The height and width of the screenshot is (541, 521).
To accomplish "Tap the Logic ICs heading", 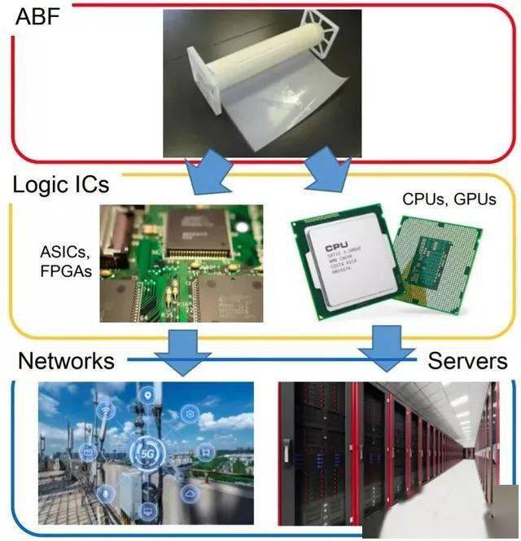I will [61, 184].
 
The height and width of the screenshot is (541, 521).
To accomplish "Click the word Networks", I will [66, 360].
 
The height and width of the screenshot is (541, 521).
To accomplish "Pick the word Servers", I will [467, 360].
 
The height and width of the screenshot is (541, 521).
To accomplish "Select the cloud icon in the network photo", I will [190, 492].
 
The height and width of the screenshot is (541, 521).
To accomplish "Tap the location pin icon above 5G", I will [147, 396].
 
